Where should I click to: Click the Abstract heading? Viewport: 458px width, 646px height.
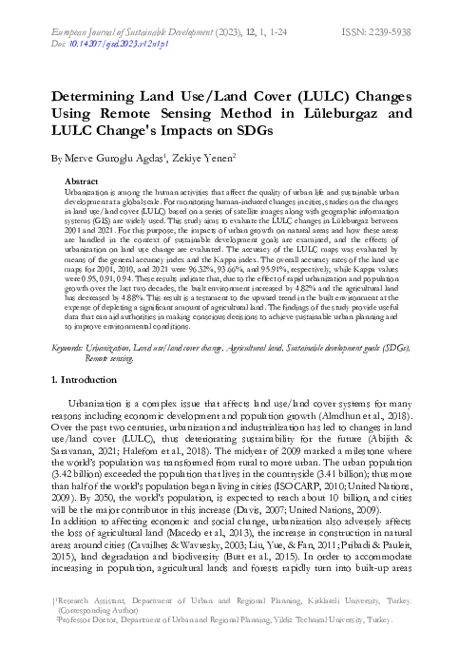[81, 180]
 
